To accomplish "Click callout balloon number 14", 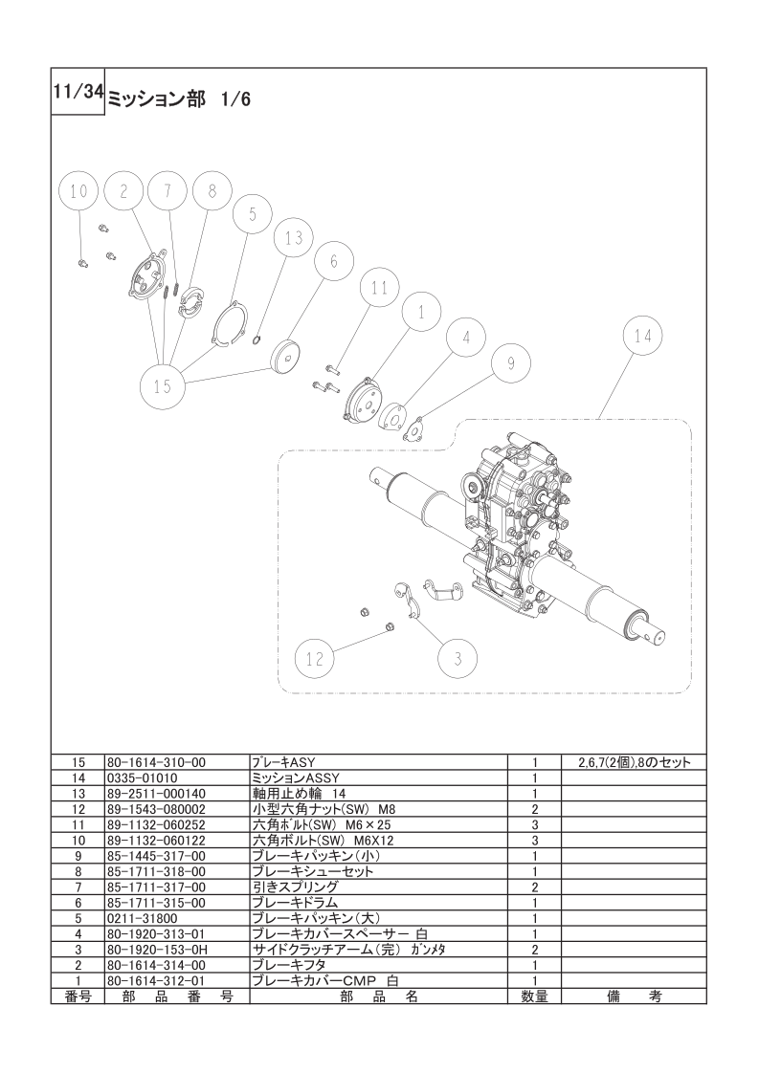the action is click(x=643, y=336).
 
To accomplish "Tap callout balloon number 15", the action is click(x=163, y=386).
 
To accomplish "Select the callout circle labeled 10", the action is click(x=79, y=191).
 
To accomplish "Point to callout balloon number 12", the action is click(x=315, y=659).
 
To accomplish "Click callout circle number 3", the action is click(x=458, y=659).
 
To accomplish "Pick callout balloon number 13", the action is click(x=294, y=238).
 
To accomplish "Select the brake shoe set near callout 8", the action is click(x=191, y=301).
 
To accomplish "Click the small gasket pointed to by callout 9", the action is click(x=415, y=429).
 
